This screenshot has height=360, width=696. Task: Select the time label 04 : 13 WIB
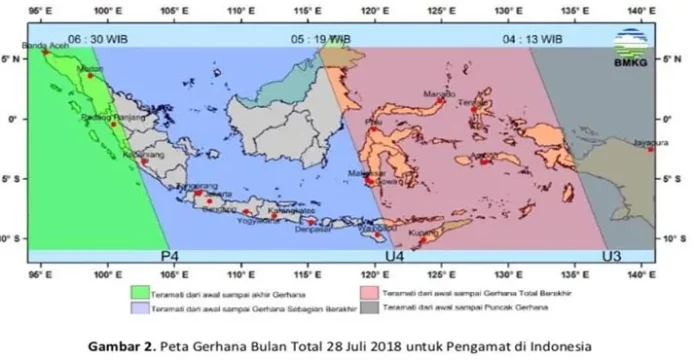point(534,39)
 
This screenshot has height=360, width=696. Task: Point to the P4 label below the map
point(171,257)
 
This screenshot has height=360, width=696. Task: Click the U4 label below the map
point(395,257)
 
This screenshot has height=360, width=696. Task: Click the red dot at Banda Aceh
point(45,53)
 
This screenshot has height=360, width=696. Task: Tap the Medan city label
point(89,69)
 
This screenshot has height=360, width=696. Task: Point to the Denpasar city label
point(308,228)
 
